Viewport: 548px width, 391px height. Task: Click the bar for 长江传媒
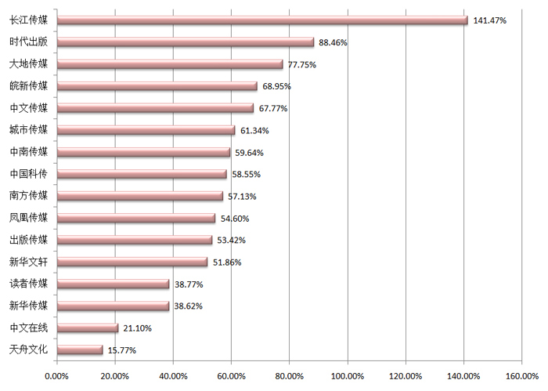[x=262, y=20]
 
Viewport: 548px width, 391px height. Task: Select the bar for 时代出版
[x=186, y=42]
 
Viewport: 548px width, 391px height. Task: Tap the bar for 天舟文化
[x=81, y=349]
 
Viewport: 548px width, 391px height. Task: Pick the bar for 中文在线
[x=88, y=328]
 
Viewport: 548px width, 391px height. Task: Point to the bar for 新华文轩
[x=132, y=262]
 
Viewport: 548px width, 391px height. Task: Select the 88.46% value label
[x=333, y=42]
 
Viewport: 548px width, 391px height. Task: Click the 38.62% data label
[x=189, y=306]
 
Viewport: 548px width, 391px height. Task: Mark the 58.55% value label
[x=247, y=174]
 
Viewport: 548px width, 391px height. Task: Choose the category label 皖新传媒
[x=28, y=86]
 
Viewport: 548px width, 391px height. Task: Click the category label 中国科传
[x=28, y=174]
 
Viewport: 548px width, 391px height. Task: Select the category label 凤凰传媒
[x=28, y=218]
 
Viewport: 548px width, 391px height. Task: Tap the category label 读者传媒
[x=28, y=284]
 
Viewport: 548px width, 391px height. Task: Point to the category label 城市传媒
[x=28, y=130]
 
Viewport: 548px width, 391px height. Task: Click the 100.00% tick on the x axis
[x=348, y=377]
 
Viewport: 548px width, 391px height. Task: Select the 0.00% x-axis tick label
[x=57, y=377]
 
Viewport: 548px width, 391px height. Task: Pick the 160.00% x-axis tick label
[x=521, y=377]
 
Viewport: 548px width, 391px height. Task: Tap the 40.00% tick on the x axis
[x=173, y=377]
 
